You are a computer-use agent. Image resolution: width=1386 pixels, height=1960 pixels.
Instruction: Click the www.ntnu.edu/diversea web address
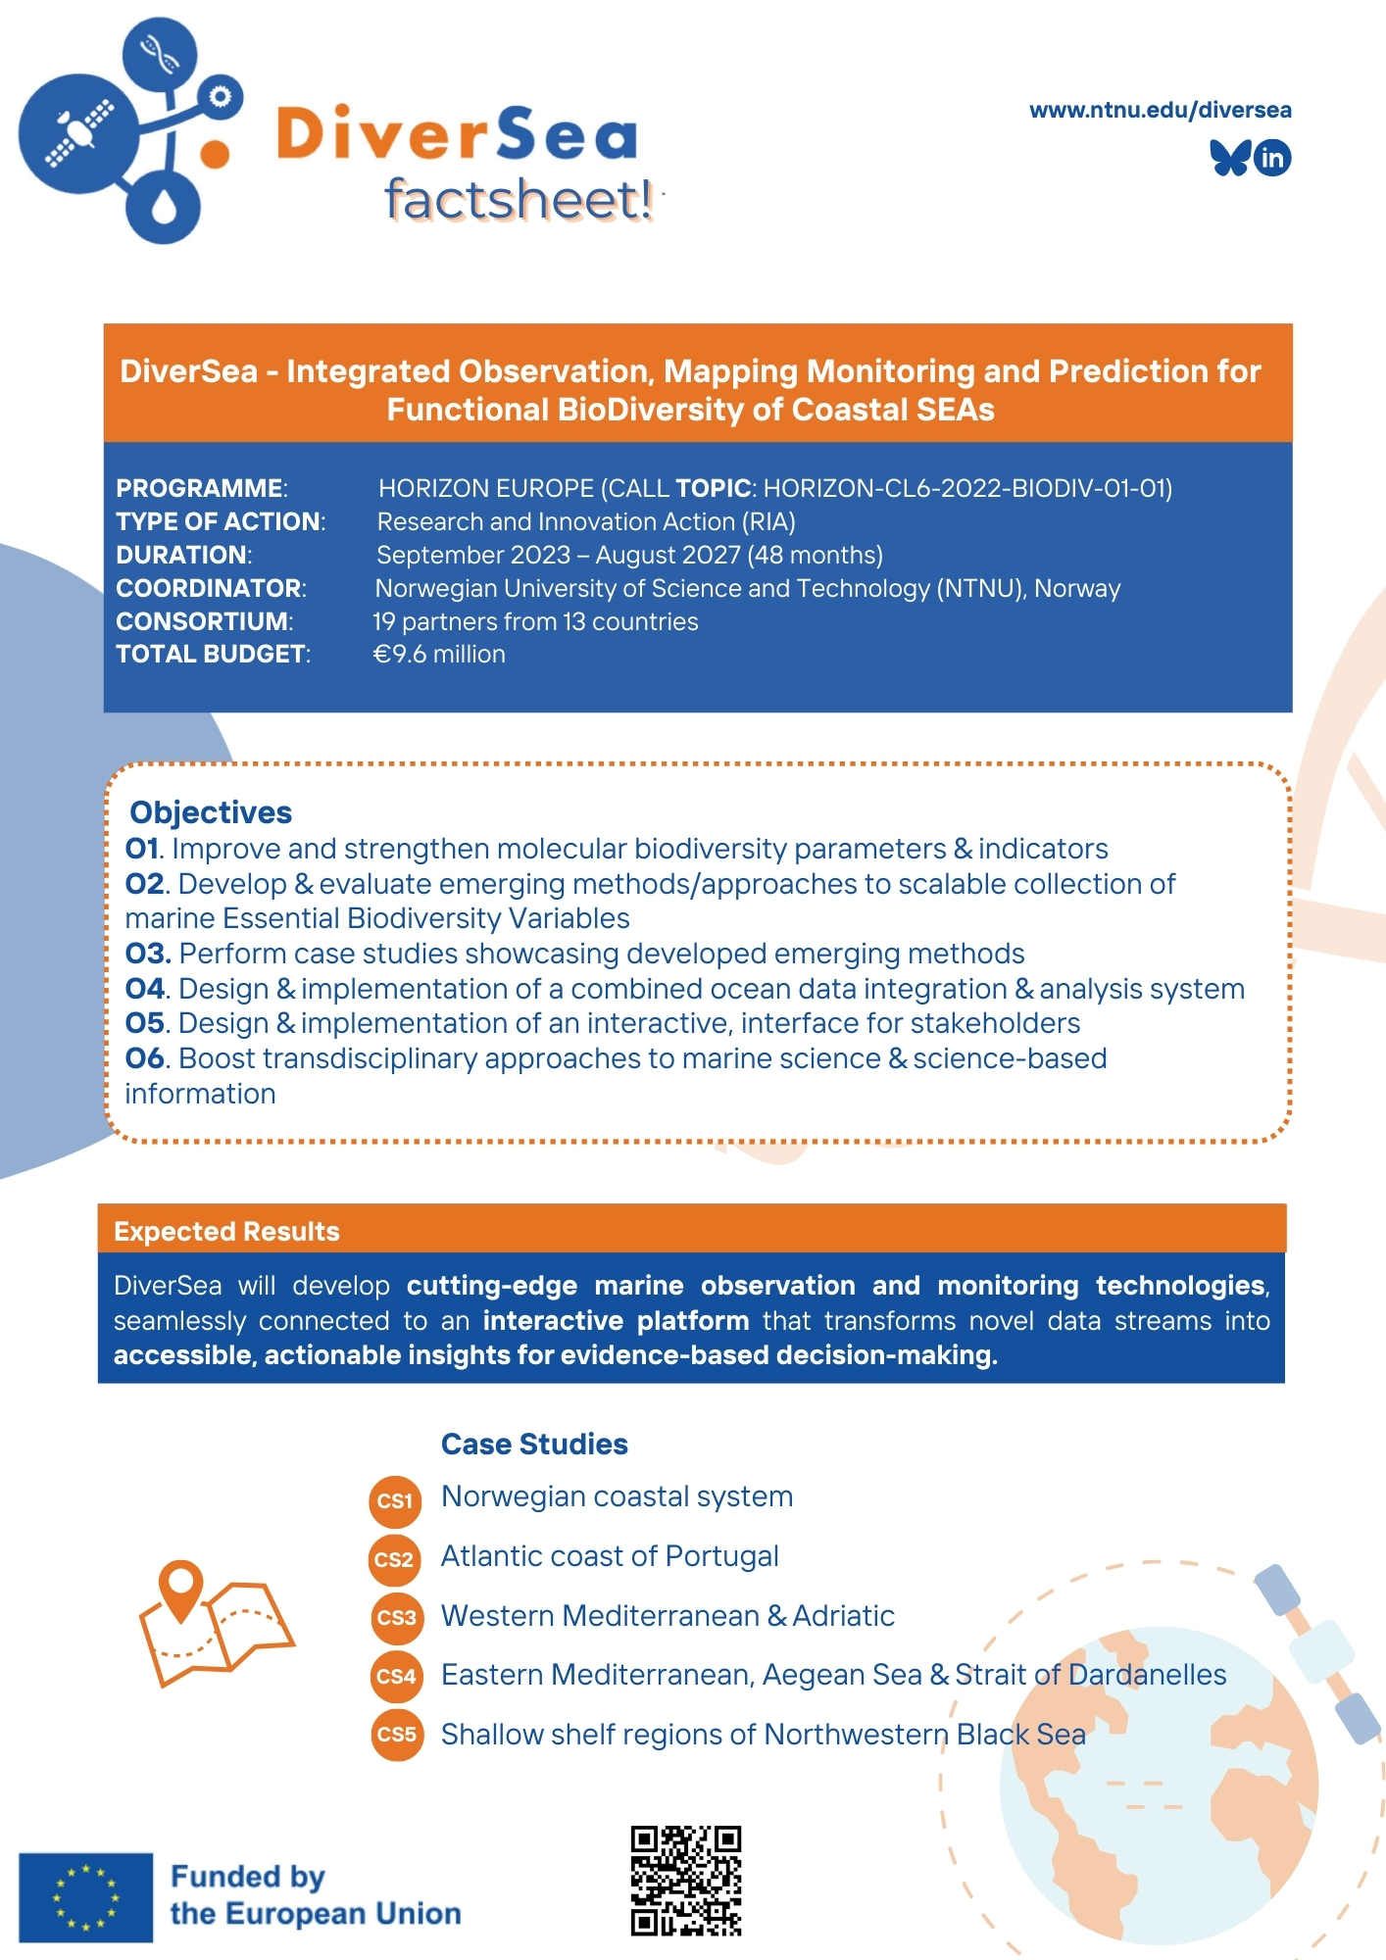1160,110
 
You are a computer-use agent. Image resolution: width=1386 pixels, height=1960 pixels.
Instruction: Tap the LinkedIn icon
1272,158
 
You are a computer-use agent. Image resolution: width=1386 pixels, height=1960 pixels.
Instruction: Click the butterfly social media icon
1229,158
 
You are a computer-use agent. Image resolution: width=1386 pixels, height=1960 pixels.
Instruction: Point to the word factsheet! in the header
519,200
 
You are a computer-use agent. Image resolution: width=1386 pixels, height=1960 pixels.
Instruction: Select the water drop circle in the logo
163,206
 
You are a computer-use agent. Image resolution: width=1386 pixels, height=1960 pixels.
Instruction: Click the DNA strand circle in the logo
159,53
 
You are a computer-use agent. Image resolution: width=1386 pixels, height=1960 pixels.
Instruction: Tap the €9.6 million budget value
439,655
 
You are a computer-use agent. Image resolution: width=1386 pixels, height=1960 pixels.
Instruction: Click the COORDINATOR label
211,588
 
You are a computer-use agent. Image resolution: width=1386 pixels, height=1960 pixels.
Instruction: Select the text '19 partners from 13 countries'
535,621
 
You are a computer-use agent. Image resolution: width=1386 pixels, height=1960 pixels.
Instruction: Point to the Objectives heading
211,812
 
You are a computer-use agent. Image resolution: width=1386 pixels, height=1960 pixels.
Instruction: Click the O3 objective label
148,954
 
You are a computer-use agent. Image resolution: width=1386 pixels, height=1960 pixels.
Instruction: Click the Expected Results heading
226,1232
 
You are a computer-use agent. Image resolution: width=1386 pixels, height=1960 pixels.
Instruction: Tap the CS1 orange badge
395,1501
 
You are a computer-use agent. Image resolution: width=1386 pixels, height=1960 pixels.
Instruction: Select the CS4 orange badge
396,1677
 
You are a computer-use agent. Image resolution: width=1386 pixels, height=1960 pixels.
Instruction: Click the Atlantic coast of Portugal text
609,1556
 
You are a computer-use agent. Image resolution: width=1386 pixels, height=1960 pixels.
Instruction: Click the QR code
685,1880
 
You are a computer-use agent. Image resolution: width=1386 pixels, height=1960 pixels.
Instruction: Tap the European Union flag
86,1897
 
